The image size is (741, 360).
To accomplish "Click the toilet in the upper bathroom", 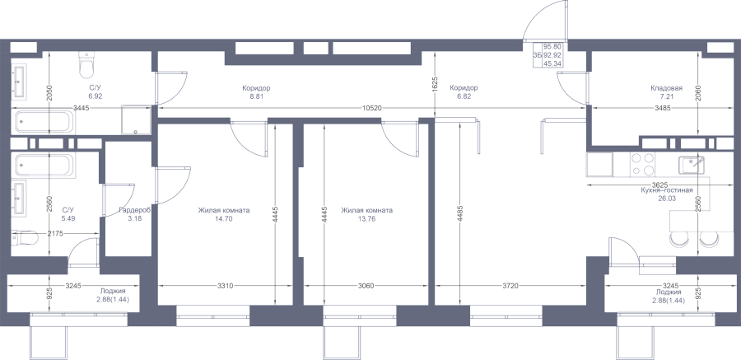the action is click(86, 65).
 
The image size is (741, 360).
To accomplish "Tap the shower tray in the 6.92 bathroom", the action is click(136, 119).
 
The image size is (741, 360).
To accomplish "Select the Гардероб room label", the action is click(135, 210).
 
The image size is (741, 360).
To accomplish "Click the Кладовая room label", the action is click(666, 88).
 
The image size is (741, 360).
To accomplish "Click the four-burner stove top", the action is click(643, 164).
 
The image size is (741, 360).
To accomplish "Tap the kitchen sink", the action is click(692, 165).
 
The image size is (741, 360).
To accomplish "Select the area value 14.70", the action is click(224, 219).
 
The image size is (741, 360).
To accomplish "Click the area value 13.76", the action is click(366, 219).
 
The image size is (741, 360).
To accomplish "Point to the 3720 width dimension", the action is click(510, 286).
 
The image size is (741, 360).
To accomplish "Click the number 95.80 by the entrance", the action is click(552, 46).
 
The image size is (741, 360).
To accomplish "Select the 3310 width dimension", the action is click(225, 286).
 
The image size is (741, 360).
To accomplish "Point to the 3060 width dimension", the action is click(366, 286).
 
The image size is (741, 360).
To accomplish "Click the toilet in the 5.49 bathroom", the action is click(24, 238).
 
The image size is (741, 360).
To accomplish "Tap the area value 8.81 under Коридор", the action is click(256, 96).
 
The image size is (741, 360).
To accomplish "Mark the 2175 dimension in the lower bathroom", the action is click(56, 233).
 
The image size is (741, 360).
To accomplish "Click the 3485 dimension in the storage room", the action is click(663, 109).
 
